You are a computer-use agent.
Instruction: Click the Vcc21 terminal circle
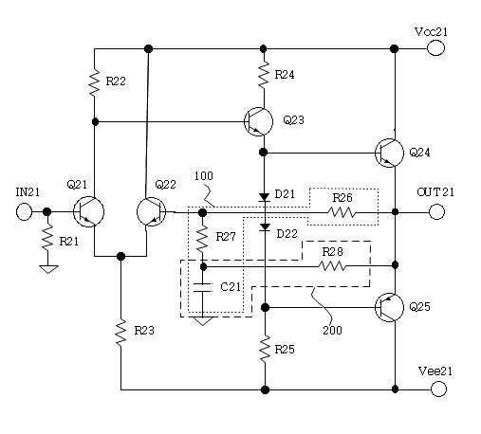(x=435, y=48)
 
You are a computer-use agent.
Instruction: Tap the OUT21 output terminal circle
(x=436, y=212)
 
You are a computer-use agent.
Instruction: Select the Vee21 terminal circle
(x=438, y=389)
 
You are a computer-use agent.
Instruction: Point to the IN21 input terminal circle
(x=24, y=211)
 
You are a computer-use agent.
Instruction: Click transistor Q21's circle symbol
(x=88, y=211)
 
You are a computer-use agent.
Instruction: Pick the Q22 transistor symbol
(x=151, y=211)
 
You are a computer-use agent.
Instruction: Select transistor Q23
(x=259, y=121)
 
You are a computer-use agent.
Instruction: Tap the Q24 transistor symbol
(x=389, y=153)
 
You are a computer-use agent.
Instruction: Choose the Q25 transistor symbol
(x=389, y=307)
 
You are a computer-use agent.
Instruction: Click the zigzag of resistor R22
(x=94, y=83)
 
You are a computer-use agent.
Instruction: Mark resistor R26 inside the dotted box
(x=342, y=212)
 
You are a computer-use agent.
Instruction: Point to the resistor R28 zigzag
(x=333, y=266)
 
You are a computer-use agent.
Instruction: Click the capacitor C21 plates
(x=202, y=287)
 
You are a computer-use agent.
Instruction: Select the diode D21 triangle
(x=264, y=197)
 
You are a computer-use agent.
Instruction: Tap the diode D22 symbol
(x=265, y=227)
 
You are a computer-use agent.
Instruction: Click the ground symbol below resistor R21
(x=48, y=269)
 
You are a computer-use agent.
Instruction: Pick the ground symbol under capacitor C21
(x=203, y=321)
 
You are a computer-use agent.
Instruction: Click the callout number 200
(x=332, y=331)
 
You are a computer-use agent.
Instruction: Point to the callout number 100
(x=204, y=176)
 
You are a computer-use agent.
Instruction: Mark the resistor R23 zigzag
(x=121, y=333)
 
